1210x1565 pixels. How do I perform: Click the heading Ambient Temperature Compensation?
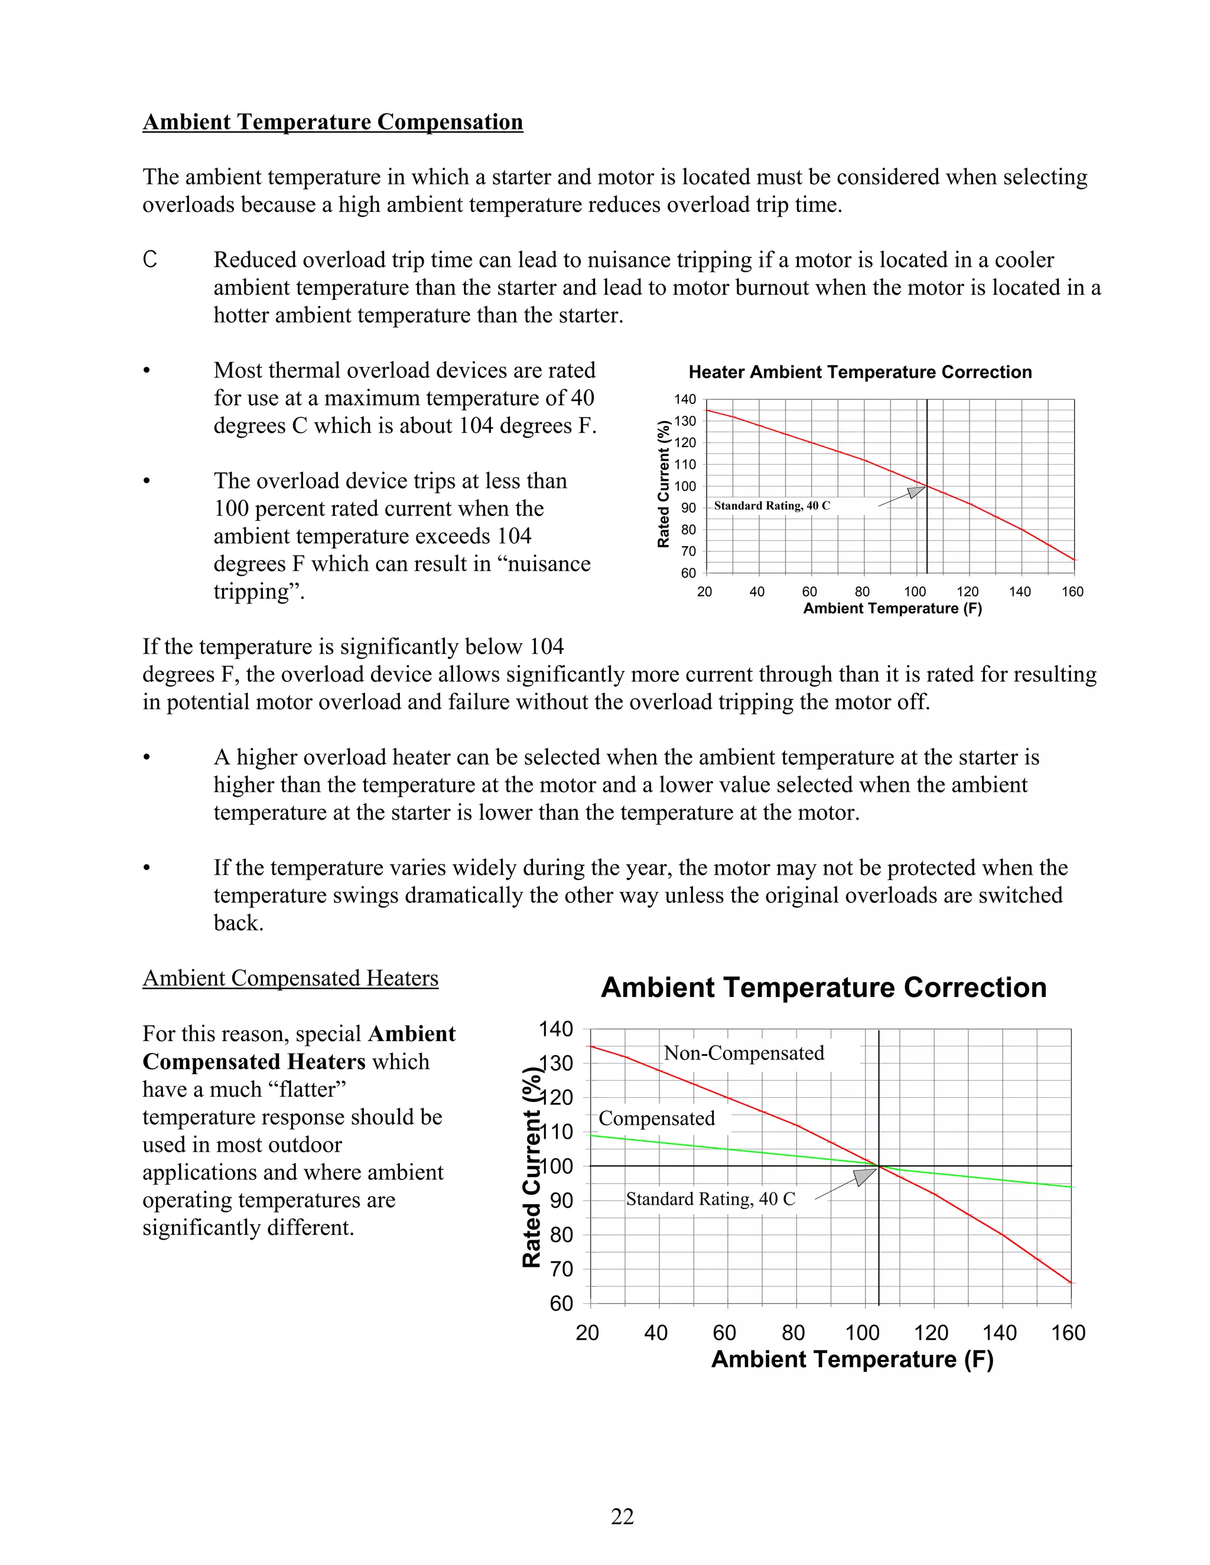(x=333, y=122)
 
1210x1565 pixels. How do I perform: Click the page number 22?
(x=622, y=1515)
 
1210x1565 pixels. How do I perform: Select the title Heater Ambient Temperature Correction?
(x=860, y=372)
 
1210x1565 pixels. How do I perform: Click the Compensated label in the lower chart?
(x=656, y=1118)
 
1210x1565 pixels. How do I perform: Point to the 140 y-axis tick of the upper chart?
(x=685, y=399)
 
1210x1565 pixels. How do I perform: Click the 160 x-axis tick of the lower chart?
(x=1068, y=1333)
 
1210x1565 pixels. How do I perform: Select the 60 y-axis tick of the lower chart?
(x=561, y=1303)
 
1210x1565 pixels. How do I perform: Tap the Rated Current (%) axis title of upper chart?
(x=663, y=484)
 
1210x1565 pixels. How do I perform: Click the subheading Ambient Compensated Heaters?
(x=290, y=978)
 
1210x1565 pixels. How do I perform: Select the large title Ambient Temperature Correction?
(x=823, y=987)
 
